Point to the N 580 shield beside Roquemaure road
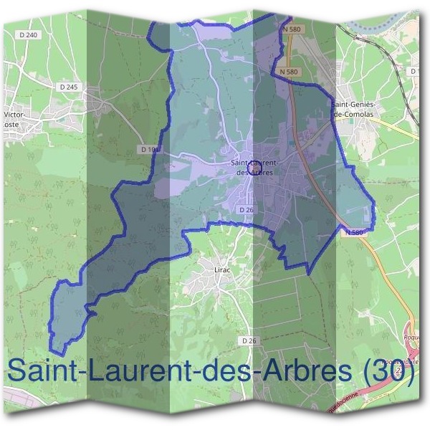tap(354, 232)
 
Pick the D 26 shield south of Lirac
tap(249, 340)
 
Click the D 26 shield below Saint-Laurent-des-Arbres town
tap(245, 209)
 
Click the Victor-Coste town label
tap(14, 118)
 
